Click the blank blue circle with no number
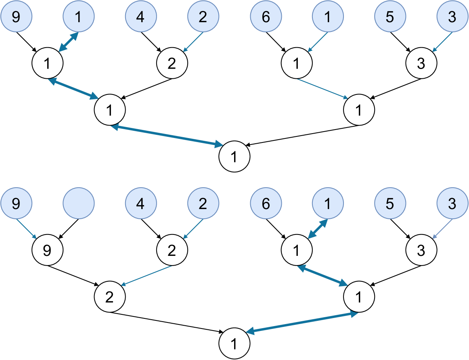[x=79, y=204]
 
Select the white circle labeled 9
[x=47, y=251]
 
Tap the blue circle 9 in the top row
[x=16, y=17]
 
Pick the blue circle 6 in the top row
[x=266, y=17]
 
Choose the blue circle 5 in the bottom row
[x=389, y=204]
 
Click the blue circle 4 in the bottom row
[x=140, y=204]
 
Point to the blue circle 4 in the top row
[x=140, y=17]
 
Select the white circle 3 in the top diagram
[x=421, y=64]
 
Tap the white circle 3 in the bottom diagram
[x=421, y=251]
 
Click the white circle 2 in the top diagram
[x=172, y=64]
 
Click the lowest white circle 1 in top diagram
[x=234, y=157]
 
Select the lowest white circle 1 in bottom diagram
[x=234, y=344]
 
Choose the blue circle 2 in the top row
[x=203, y=17]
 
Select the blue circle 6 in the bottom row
[x=266, y=204]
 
